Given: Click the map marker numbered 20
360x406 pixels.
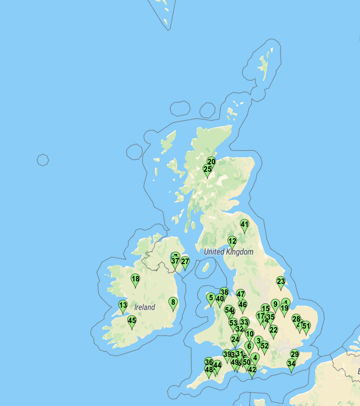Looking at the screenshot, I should pyautogui.click(x=212, y=162).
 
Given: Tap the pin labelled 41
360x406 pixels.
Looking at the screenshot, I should pyautogui.click(x=244, y=225).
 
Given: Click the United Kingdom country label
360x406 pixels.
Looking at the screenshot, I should pyautogui.click(x=228, y=252).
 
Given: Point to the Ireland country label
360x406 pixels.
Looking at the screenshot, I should pyautogui.click(x=144, y=307).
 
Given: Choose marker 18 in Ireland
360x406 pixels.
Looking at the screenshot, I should pyautogui.click(x=135, y=280).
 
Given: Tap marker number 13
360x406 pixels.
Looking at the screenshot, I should pyautogui.click(x=123, y=306).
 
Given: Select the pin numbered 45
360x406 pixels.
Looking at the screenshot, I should pyautogui.click(x=132, y=322).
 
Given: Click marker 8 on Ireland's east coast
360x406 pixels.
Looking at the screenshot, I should pyautogui.click(x=173, y=303).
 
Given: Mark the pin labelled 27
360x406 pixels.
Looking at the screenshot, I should pyautogui.click(x=185, y=262).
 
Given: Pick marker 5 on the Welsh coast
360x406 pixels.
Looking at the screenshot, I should pyautogui.click(x=211, y=299).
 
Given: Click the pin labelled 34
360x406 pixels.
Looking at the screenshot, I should pyautogui.click(x=291, y=364).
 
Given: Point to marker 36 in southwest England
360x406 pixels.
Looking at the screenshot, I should pyautogui.click(x=209, y=363).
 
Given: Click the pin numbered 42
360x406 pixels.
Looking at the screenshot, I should pyautogui.click(x=252, y=370).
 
